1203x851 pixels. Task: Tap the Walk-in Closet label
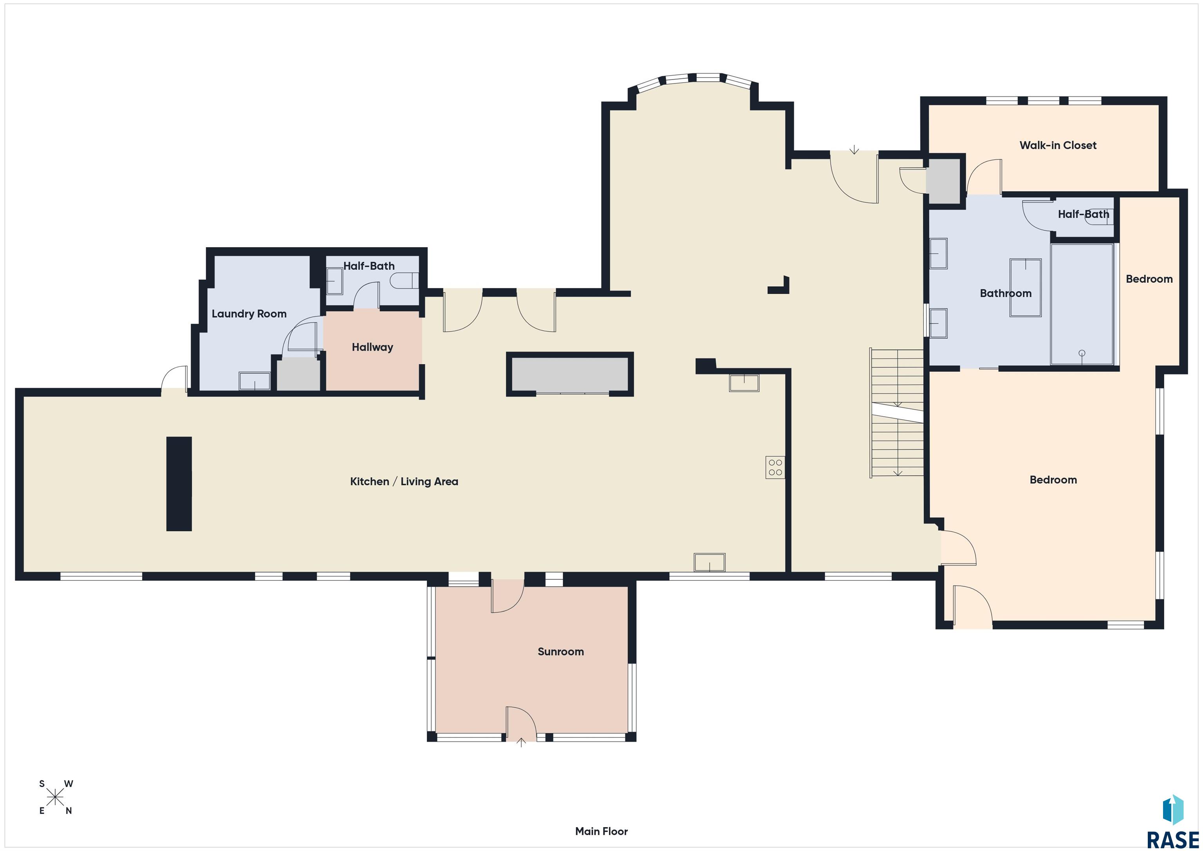(1057, 145)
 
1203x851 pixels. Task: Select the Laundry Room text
(249, 313)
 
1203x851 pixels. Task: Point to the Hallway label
(372, 347)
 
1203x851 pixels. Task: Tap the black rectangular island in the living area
(179, 483)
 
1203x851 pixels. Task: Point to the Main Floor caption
(601, 831)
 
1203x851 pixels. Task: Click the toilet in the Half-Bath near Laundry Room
(404, 281)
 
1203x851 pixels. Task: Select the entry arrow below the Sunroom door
(521, 742)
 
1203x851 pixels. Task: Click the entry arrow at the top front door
(854, 150)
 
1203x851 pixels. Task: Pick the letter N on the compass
(69, 811)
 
